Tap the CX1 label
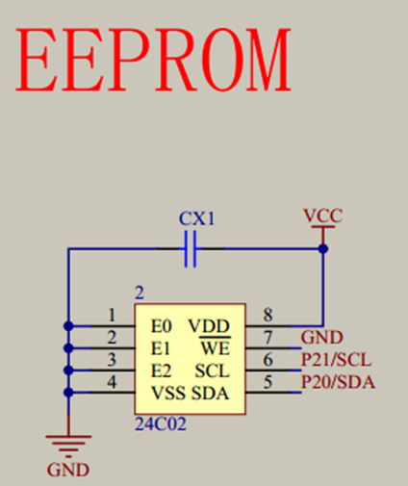[197, 218]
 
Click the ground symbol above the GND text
[67, 444]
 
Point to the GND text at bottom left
[67, 470]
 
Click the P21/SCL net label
[336, 360]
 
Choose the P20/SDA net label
[338, 383]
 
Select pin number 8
[268, 314]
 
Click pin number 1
[113, 314]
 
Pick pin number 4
[113, 383]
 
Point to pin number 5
[268, 383]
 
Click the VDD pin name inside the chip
[210, 325]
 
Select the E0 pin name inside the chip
[161, 325]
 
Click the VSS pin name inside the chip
[168, 395]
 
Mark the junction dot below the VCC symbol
[323, 249]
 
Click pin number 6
[268, 360]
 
